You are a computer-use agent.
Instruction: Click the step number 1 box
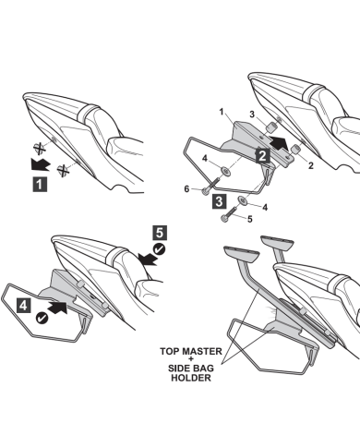(x=40, y=184)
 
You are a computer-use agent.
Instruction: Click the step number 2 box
(x=262, y=156)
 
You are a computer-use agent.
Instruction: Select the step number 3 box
(x=219, y=201)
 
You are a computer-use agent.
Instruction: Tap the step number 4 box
(x=23, y=306)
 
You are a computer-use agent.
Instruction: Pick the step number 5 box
(x=160, y=233)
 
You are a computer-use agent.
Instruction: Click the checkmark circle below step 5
(x=160, y=249)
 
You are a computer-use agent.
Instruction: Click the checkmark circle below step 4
(x=42, y=318)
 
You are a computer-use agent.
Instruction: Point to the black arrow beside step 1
(x=41, y=164)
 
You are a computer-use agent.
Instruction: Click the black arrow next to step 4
(x=58, y=308)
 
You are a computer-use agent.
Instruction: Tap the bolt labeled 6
(x=210, y=186)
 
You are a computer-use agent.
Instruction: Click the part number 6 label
(x=186, y=189)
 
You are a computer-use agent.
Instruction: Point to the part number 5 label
(x=250, y=219)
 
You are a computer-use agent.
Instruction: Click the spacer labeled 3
(x=270, y=127)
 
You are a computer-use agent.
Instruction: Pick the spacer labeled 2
(x=295, y=149)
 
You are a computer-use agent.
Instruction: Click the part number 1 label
(x=222, y=112)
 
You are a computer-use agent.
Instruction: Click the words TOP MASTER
(x=191, y=351)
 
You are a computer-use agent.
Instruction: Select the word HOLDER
(x=191, y=378)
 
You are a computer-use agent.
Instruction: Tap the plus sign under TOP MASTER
(x=191, y=359)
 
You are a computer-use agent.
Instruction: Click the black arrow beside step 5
(x=149, y=259)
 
